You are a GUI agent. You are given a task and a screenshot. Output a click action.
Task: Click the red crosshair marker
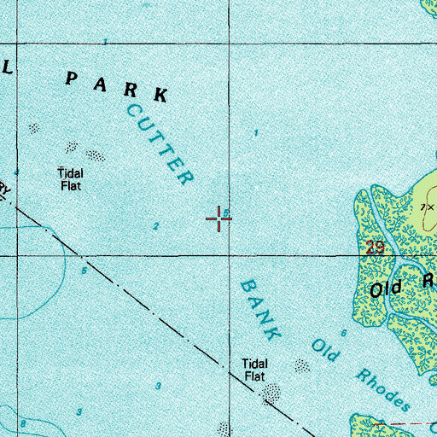219,219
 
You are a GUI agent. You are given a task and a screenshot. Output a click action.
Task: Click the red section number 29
373,248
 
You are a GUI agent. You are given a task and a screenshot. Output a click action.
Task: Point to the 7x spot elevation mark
427,207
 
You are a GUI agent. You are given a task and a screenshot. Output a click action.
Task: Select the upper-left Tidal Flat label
70,177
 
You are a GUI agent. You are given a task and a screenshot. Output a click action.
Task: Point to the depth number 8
24,424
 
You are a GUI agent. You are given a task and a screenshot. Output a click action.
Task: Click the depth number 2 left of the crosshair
155,226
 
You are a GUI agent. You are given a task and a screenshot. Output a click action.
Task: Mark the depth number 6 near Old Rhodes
344,333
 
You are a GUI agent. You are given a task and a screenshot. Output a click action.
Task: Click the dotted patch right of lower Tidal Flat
302,365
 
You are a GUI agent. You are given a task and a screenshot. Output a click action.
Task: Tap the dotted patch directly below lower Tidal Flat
272,393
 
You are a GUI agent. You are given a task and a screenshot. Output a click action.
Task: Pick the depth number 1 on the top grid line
105,42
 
